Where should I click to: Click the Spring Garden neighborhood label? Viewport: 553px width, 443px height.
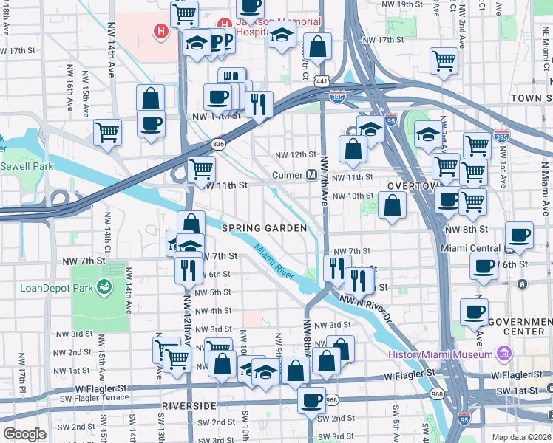click(x=265, y=229)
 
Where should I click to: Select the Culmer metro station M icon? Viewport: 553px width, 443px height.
click(x=312, y=175)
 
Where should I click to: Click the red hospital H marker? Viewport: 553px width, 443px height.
click(x=159, y=31)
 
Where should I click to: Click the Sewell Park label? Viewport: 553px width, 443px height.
click(x=27, y=167)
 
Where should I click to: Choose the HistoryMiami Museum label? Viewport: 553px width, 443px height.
click(x=441, y=354)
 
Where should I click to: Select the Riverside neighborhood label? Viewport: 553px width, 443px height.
click(x=189, y=406)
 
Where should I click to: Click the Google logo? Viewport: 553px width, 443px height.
click(x=24, y=434)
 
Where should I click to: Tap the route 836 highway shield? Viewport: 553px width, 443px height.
click(x=218, y=145)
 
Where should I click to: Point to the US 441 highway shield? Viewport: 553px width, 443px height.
click(x=320, y=80)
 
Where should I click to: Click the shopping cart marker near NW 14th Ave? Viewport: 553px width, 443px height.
click(x=107, y=134)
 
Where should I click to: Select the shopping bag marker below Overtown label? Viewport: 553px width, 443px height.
click(x=392, y=206)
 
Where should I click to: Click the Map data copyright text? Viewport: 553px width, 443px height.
click(x=520, y=437)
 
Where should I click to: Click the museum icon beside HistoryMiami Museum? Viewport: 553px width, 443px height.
click(x=505, y=354)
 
